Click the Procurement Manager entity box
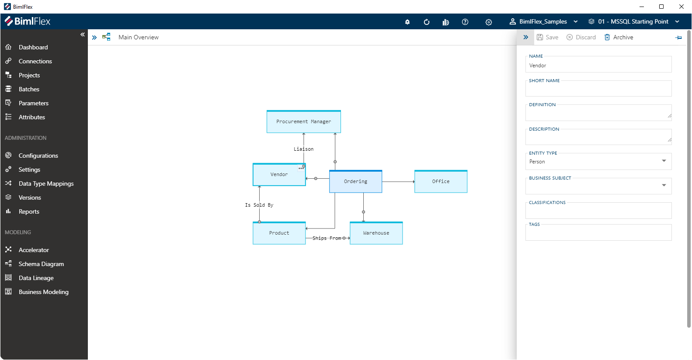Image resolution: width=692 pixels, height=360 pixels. click(x=303, y=122)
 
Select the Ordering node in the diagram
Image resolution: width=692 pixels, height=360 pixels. click(x=355, y=182)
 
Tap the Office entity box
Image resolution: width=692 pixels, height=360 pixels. click(x=441, y=182)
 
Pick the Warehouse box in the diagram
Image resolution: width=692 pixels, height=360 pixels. click(x=376, y=233)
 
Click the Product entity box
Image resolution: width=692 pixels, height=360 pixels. click(x=279, y=233)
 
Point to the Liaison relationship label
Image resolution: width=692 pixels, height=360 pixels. click(x=303, y=149)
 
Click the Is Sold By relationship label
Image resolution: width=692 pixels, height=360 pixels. click(x=259, y=205)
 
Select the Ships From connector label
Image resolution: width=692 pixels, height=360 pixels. click(x=327, y=238)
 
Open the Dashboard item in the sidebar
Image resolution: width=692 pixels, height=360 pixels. click(x=33, y=47)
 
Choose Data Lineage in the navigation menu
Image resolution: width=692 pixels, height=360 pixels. click(x=36, y=278)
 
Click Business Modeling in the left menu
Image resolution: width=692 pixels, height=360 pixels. click(x=43, y=292)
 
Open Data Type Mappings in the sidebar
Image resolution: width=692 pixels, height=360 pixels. click(x=46, y=183)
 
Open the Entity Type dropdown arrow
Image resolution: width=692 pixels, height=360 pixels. click(x=664, y=161)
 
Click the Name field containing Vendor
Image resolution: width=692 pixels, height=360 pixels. click(x=598, y=66)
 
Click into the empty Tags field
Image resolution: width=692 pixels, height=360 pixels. click(x=598, y=235)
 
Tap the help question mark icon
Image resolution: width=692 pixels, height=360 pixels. click(x=465, y=22)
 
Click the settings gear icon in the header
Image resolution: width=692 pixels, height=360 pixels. click(x=489, y=22)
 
